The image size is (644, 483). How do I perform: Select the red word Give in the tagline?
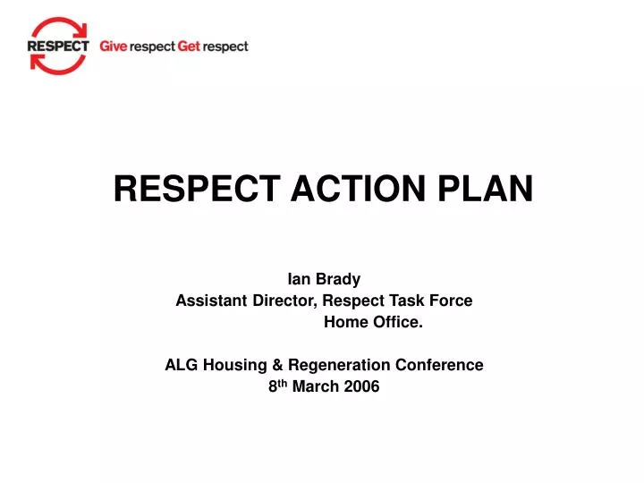coord(113,47)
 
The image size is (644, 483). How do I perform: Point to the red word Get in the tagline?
coord(189,47)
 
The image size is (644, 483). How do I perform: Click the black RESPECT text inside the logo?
coord(58,46)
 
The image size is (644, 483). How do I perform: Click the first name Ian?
coord(298,279)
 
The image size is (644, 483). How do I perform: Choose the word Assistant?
coord(211,301)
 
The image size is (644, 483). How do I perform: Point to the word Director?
coord(284,301)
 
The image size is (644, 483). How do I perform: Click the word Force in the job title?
coord(453,301)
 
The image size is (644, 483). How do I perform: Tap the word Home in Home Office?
coord(343,322)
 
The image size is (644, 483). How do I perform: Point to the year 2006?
coord(361,386)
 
